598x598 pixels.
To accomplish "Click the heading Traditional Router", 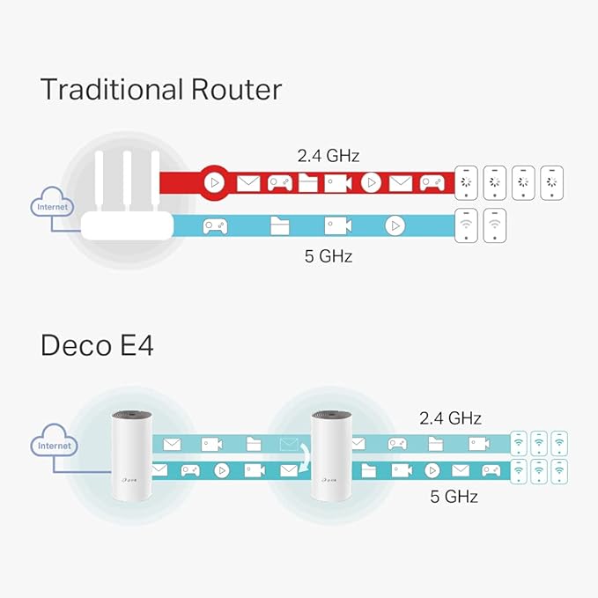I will pos(161,89).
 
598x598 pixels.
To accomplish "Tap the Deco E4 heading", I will pos(97,345).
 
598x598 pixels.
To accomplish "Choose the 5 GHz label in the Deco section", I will pos(454,496).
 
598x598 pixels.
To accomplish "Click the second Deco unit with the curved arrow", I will pos(330,455).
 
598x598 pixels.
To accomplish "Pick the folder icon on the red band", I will pos(308,183).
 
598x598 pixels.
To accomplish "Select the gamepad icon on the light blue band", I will pos(215,225).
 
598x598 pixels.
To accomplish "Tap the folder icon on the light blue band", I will pos(280,225).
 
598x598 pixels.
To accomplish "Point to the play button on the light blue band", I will pos(395,225).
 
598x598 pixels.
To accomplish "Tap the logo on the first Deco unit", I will pos(129,480).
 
